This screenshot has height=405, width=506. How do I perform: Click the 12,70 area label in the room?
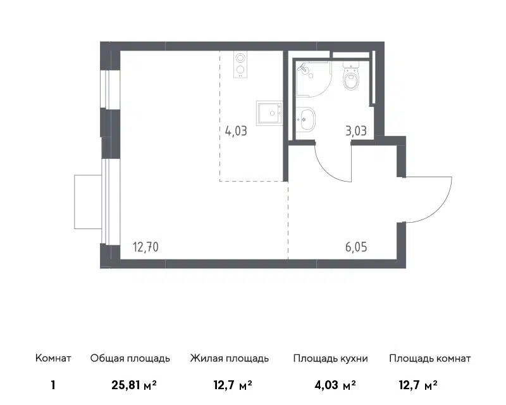tap(145, 247)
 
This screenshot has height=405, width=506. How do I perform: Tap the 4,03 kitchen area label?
tap(236, 131)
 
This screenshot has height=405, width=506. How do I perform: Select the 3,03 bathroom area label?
tap(356, 131)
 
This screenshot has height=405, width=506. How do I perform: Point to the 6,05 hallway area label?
tap(356, 247)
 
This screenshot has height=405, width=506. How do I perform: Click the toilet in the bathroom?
tap(351, 77)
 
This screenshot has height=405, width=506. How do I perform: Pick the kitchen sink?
tap(269, 113)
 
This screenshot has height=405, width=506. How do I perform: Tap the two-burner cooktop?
tap(240, 65)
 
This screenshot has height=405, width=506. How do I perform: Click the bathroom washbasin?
tap(305, 118)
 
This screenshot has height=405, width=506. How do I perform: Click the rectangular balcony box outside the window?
tap(88, 202)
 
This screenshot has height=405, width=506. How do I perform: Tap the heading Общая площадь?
tap(130, 359)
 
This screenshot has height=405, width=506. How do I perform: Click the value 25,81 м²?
tap(134, 385)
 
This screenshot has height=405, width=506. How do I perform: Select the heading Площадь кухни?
tap(330, 359)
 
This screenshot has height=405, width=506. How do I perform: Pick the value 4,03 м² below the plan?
tap(335, 385)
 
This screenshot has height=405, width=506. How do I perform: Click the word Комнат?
tap(53, 358)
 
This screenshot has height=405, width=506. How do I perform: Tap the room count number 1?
tap(53, 385)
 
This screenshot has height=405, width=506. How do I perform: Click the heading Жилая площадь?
tap(230, 359)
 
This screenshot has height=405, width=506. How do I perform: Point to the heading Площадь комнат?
tap(430, 359)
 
